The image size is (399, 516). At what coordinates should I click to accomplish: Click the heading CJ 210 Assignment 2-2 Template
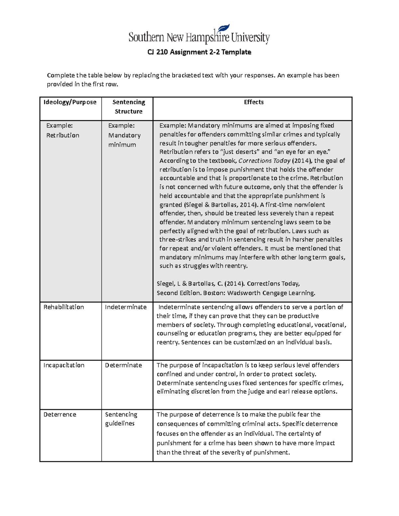point(199,52)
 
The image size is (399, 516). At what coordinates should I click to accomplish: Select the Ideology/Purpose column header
point(70,102)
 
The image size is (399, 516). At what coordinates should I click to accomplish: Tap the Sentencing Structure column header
point(129,107)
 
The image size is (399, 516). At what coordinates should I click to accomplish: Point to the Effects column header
point(254,102)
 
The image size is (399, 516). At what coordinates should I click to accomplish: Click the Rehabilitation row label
point(64,307)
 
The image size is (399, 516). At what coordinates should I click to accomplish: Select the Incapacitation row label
point(64,365)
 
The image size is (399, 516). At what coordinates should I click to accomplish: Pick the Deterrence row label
point(60,415)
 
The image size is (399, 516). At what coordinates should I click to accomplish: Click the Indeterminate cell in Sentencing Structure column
point(126,307)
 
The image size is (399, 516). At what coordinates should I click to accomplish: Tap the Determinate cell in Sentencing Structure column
point(123,365)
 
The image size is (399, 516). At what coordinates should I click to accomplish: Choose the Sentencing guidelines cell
point(121,419)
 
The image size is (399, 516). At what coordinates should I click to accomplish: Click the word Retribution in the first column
point(63,135)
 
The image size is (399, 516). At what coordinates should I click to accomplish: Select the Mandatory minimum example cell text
point(124,135)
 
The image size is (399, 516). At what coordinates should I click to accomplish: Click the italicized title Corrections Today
point(264,161)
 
